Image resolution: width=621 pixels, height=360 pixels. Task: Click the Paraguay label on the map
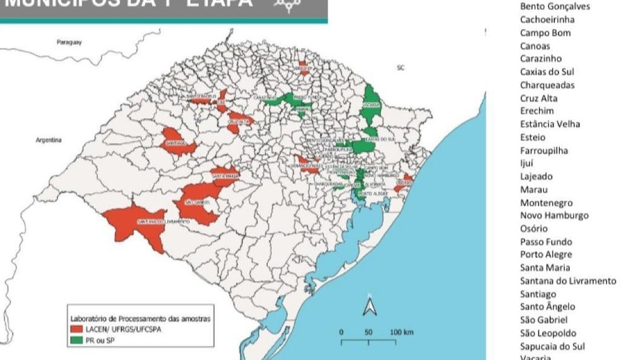(x=69, y=42)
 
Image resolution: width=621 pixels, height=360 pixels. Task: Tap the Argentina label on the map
(x=48, y=140)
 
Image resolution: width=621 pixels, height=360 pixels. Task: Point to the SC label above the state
(x=399, y=67)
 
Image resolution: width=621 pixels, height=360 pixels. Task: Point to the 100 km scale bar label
(x=401, y=332)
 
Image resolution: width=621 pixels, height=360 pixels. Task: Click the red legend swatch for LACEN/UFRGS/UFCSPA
(x=77, y=330)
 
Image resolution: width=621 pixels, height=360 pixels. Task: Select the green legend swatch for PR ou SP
(x=77, y=341)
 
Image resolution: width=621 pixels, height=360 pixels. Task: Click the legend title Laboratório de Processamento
(x=139, y=318)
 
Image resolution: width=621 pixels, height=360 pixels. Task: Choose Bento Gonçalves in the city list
(x=554, y=6)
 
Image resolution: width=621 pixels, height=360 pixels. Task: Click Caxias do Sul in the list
(x=547, y=72)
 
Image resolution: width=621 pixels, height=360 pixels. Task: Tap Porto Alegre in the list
(x=546, y=255)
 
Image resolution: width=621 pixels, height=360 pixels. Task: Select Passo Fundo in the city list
(x=546, y=242)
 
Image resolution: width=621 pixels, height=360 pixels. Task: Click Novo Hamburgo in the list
(x=553, y=215)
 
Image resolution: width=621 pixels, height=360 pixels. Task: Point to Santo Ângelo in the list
(x=547, y=307)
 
